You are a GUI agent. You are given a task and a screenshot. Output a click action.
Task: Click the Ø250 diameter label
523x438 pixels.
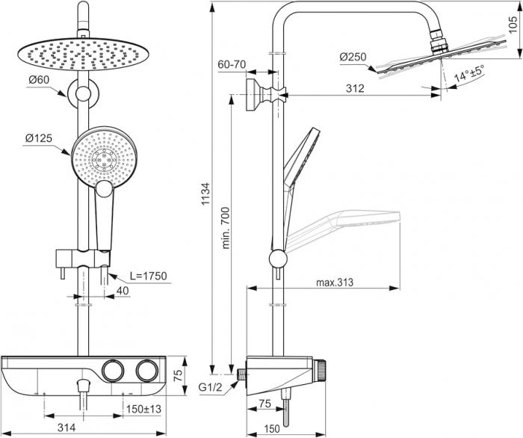click(351, 58)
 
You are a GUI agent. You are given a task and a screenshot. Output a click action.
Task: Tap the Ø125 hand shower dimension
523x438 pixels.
click(39, 138)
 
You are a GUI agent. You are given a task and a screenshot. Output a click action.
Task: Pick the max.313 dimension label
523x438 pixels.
click(333, 282)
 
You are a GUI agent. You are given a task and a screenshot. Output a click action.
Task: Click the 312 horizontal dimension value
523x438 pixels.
click(355, 89)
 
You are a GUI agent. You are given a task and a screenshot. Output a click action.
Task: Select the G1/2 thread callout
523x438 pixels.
click(211, 387)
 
